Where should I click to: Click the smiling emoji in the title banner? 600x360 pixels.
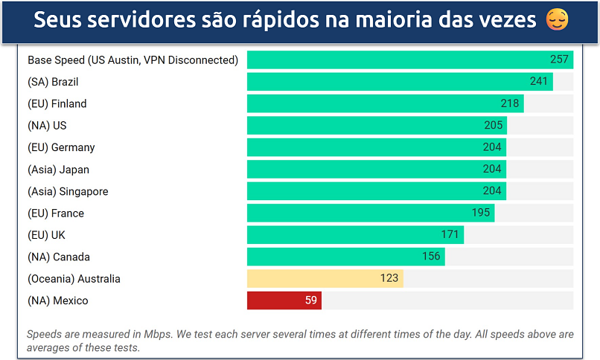(556, 20)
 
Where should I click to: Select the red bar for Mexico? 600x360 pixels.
(284, 300)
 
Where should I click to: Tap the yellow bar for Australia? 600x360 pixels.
(325, 279)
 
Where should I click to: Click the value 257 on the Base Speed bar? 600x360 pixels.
(559, 60)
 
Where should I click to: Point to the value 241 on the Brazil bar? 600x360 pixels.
(539, 82)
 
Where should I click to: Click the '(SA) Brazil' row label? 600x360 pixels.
(53, 82)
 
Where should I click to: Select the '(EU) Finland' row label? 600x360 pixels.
(57, 103)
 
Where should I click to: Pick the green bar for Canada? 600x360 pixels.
(345, 257)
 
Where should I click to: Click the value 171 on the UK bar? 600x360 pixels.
(450, 235)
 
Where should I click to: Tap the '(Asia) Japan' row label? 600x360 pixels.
(58, 169)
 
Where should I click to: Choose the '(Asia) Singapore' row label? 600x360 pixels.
(68, 191)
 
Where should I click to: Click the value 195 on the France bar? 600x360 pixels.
(481, 213)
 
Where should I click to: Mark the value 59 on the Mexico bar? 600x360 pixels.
(311, 300)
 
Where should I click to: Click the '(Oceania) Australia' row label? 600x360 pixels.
(74, 279)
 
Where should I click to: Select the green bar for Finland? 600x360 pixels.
(385, 103)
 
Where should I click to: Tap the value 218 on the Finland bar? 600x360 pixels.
(510, 103)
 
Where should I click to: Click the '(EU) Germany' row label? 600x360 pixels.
(61, 147)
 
